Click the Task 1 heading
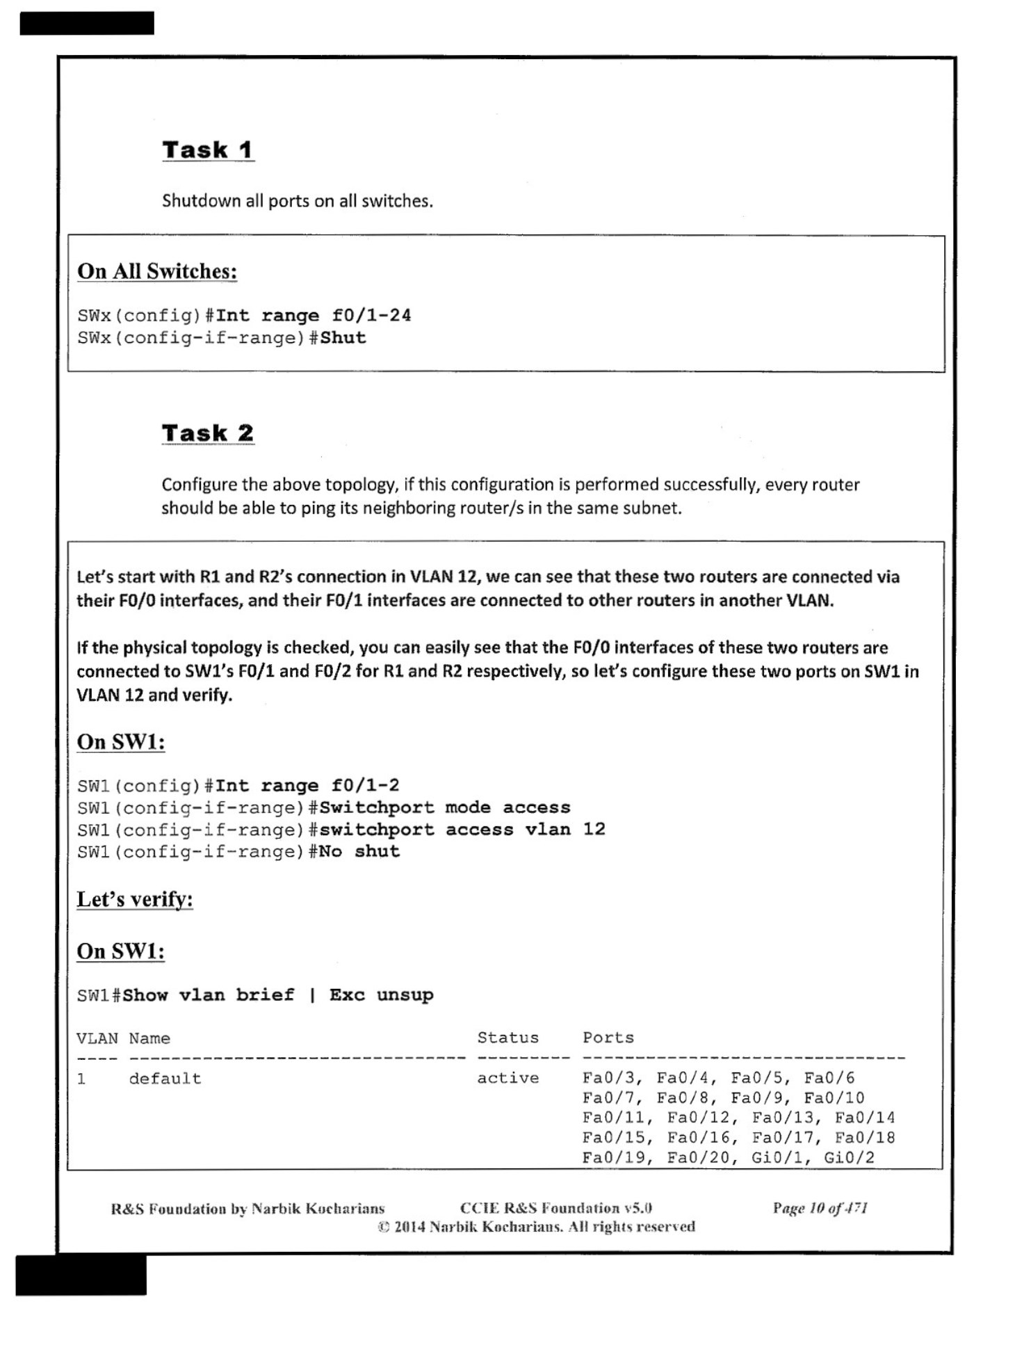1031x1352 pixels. pos(207,150)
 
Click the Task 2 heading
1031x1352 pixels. pos(207,433)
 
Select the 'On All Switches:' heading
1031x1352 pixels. pos(157,271)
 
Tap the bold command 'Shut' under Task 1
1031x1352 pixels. pos(343,338)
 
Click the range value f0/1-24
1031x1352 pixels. pos(371,316)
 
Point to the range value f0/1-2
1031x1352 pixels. pos(365,786)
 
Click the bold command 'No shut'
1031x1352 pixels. pos(359,852)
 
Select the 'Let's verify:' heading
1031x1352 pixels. pos(135,899)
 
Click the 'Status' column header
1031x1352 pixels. pos(508,1038)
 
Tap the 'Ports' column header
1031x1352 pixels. pos(608,1038)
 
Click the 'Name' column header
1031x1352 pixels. pos(149,1038)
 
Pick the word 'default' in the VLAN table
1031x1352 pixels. pos(165,1079)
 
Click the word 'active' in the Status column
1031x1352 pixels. pos(508,1078)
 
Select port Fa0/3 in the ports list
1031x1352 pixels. pos(608,1078)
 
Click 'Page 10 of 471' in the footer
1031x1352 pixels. pos(820,1208)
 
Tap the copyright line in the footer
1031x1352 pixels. pos(536,1227)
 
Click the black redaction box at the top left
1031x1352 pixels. pos(87,23)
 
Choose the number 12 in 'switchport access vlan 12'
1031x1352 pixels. pos(594,830)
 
